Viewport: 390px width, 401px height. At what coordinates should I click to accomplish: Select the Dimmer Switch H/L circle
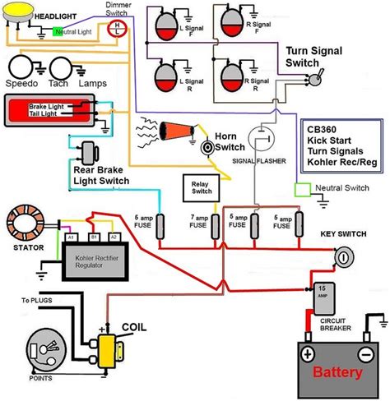coord(118,29)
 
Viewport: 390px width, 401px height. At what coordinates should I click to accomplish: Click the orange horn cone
coord(174,131)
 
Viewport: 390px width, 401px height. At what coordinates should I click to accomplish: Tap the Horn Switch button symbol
coord(209,146)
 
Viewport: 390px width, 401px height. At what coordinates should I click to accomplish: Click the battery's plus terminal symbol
coord(306,355)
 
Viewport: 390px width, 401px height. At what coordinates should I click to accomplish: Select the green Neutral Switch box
coord(303,190)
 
